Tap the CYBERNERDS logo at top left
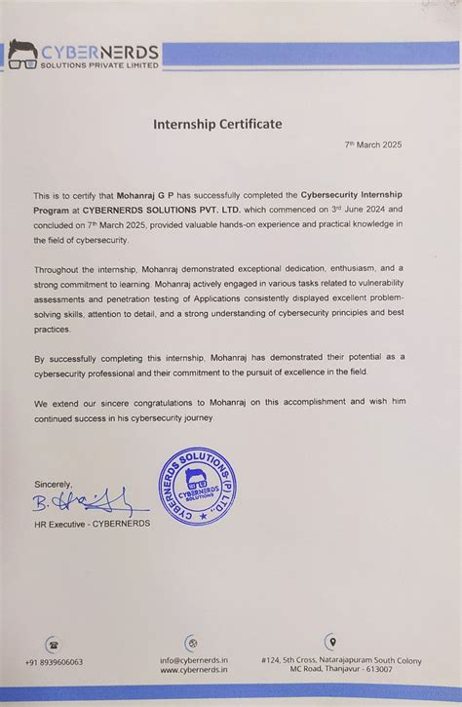[x=84, y=56]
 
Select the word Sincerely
[x=54, y=485]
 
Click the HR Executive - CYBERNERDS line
[x=93, y=524]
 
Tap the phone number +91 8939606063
[x=54, y=662]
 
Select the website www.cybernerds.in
[x=193, y=671]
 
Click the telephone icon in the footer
[x=52, y=644]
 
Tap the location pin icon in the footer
[x=331, y=642]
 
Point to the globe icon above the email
[x=192, y=644]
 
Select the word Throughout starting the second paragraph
[x=59, y=266]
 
